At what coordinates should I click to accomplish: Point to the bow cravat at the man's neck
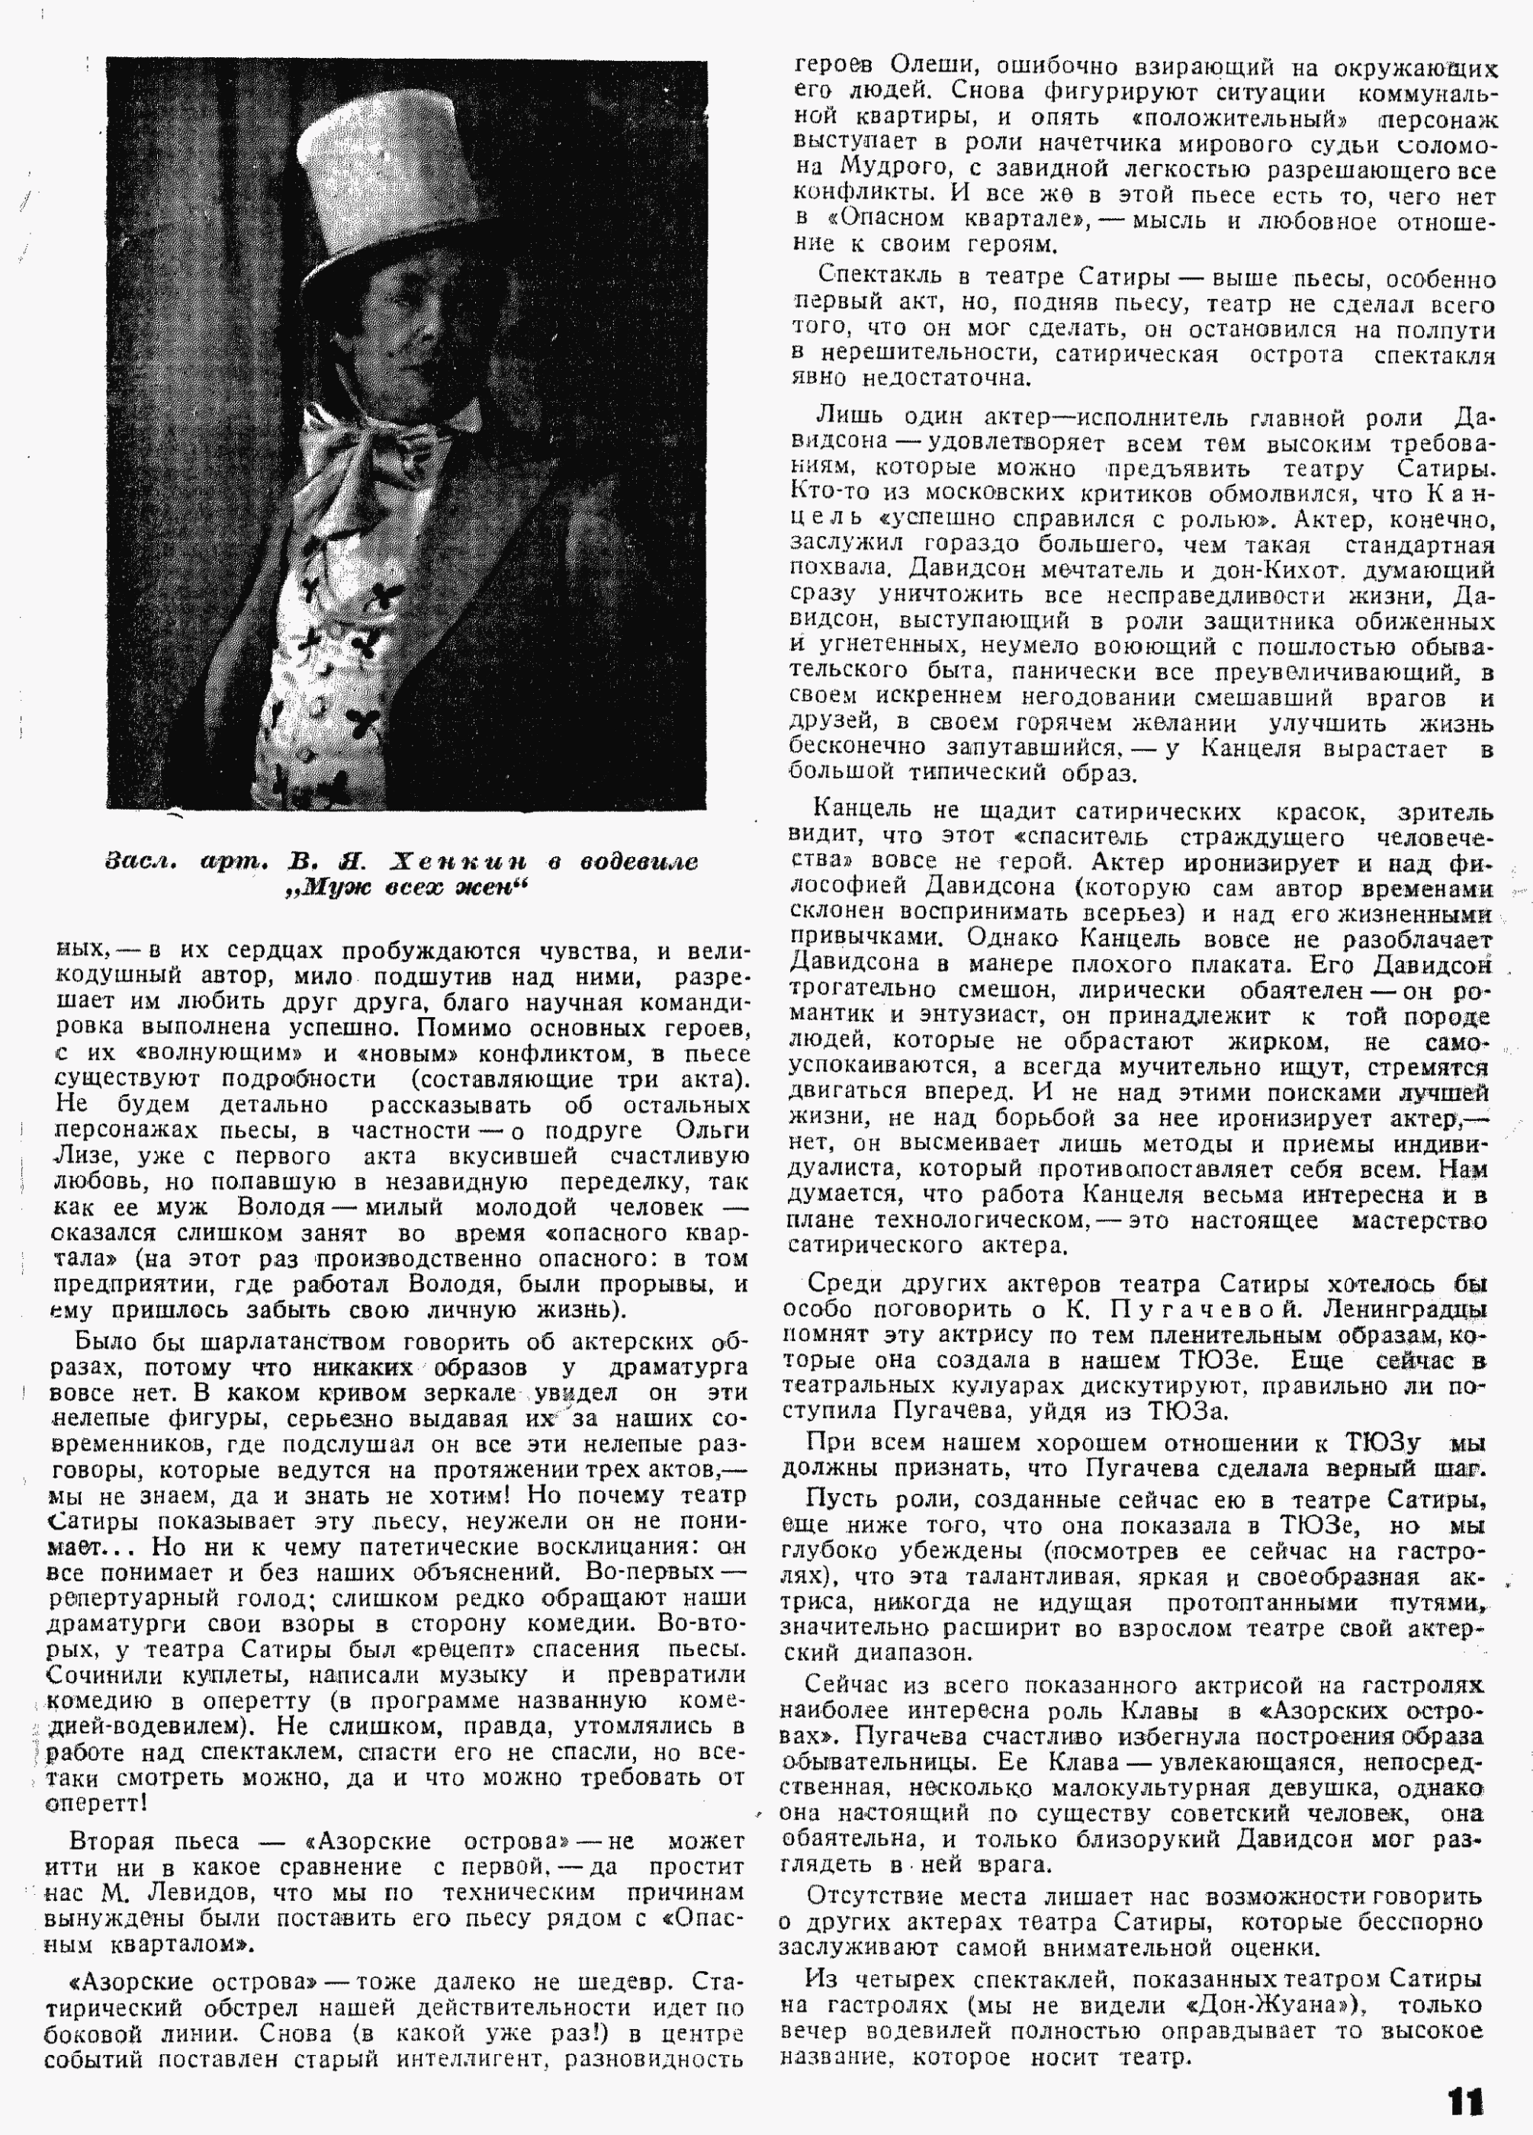click(377, 433)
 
